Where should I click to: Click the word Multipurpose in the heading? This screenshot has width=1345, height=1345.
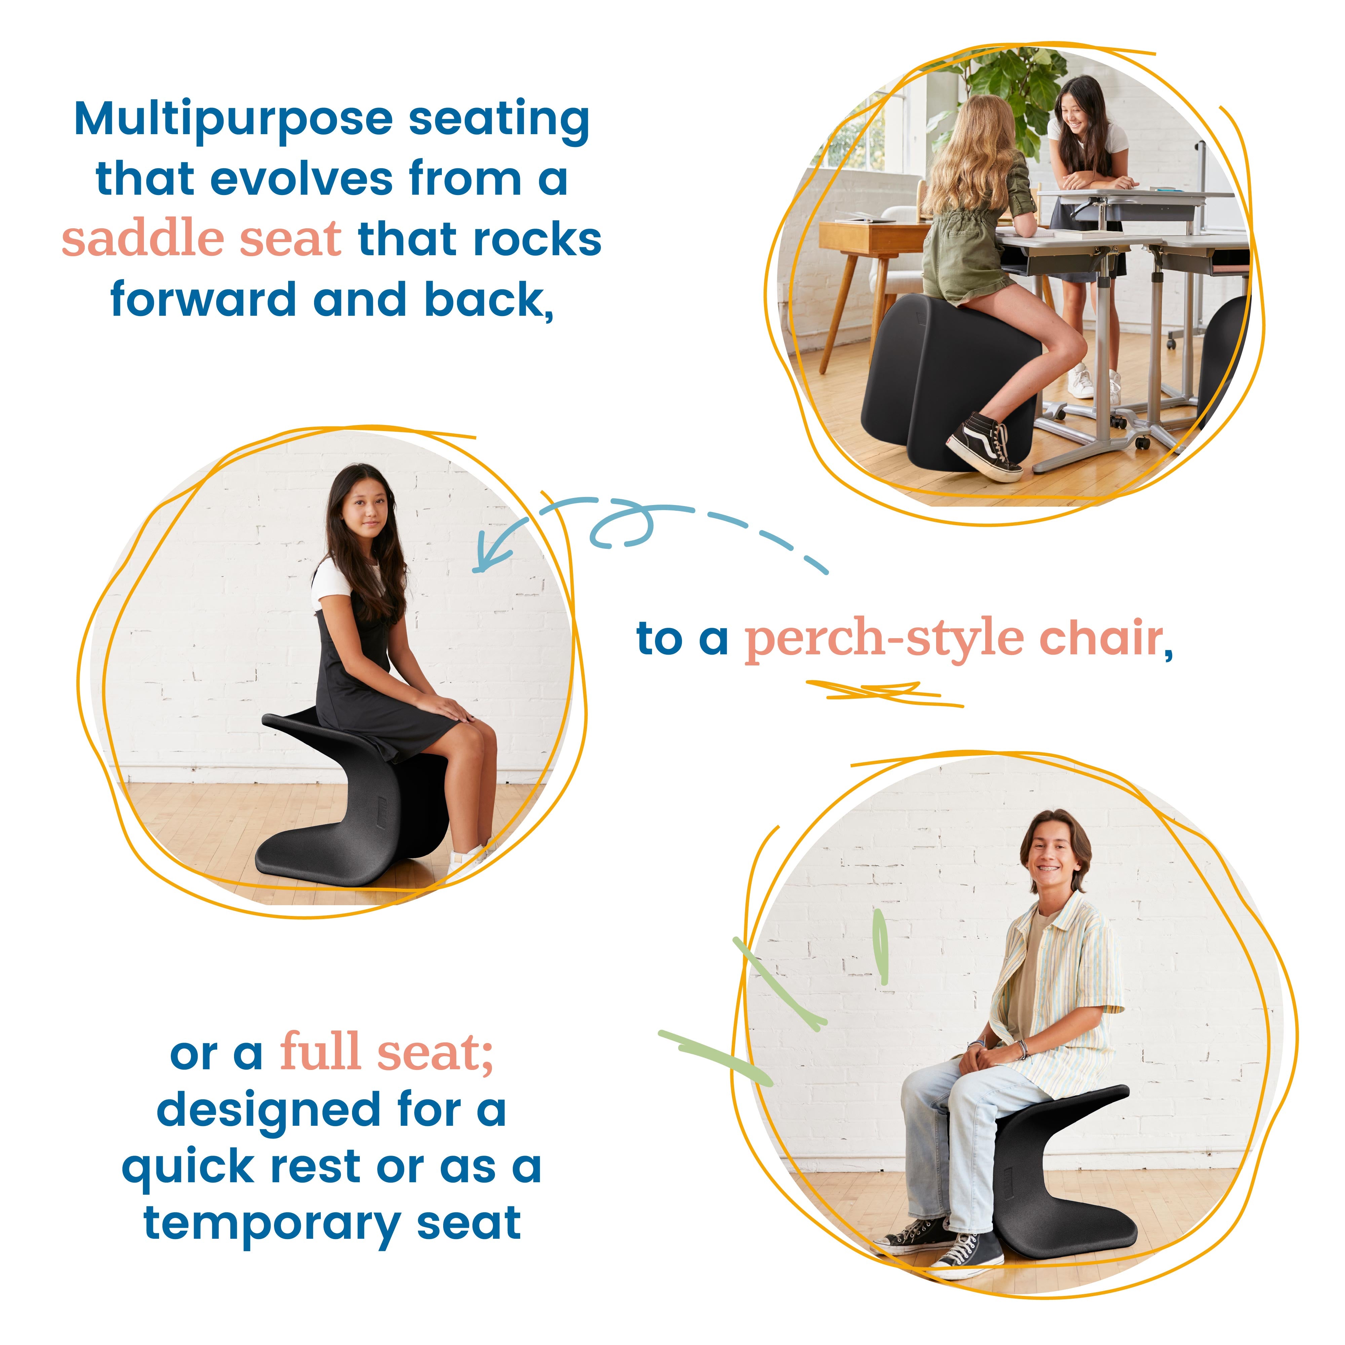pos(233,120)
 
